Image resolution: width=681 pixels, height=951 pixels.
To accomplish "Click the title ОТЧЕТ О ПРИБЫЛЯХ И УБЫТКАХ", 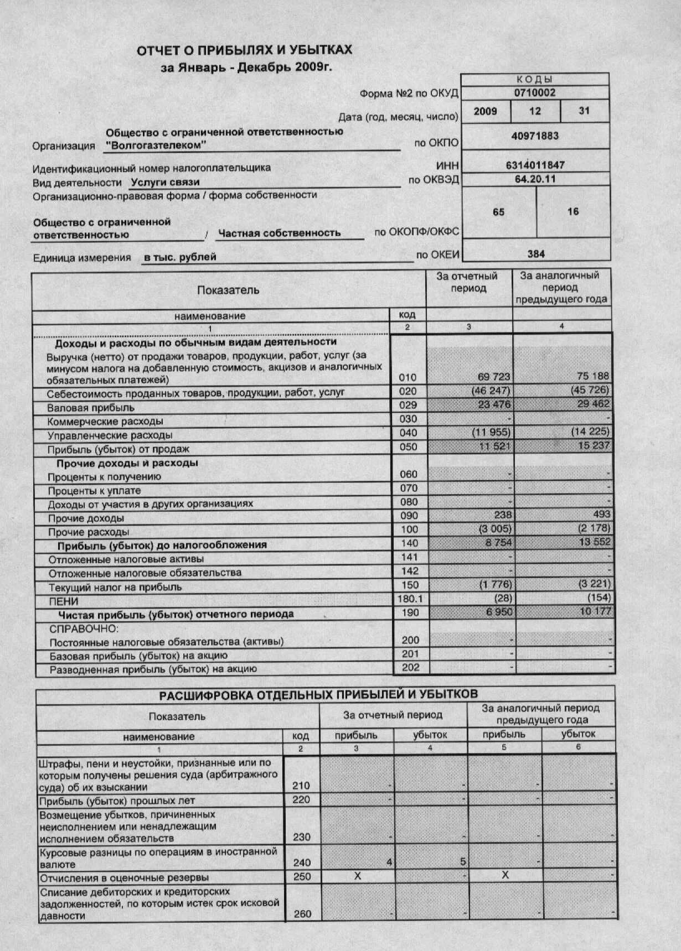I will [x=244, y=50].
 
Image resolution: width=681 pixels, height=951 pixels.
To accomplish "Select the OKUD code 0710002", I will [x=534, y=93].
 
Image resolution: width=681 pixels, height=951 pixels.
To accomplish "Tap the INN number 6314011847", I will [x=535, y=165].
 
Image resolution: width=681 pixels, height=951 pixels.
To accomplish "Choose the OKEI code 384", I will [x=535, y=254].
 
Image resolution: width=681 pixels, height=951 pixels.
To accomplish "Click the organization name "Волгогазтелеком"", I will [x=156, y=145].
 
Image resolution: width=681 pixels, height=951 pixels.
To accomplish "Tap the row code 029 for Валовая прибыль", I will [x=407, y=405].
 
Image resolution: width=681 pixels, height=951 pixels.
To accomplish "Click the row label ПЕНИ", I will [x=64, y=601].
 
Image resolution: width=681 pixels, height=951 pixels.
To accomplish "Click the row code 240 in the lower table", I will [x=302, y=862].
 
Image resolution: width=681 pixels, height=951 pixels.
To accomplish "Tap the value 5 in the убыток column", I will [x=462, y=862].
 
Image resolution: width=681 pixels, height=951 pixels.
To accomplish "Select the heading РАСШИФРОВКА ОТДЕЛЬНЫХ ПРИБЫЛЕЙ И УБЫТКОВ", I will [x=318, y=695].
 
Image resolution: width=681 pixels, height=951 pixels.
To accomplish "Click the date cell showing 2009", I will [x=485, y=111].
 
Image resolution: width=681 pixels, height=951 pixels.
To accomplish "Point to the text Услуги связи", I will [x=165, y=182].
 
